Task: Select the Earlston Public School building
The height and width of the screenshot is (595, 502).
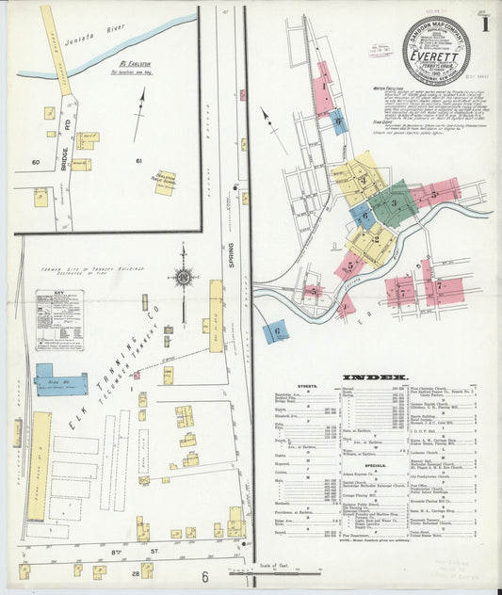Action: point(165,182)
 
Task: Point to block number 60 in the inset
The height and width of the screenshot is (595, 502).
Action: point(35,162)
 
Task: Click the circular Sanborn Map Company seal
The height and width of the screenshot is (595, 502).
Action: point(436,51)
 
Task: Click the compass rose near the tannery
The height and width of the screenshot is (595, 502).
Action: point(183,277)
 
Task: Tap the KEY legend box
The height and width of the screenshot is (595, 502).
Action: point(58,320)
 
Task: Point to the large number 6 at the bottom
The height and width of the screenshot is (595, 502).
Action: point(203,576)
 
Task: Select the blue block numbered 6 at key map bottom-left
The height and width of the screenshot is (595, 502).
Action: point(275,331)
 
